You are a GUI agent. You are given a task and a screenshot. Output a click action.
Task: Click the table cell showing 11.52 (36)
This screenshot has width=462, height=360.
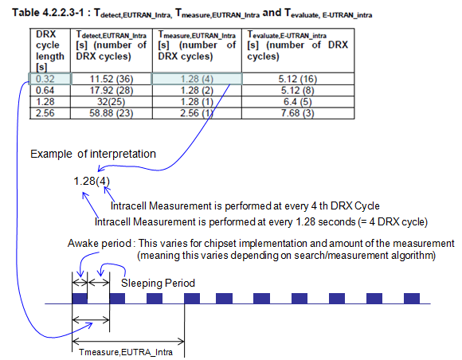pyautogui.click(x=112, y=79)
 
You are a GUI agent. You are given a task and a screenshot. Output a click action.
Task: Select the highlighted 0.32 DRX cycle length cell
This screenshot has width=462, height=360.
pyautogui.click(x=50, y=79)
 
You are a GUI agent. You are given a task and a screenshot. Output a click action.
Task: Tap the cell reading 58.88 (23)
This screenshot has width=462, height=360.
pyautogui.click(x=112, y=113)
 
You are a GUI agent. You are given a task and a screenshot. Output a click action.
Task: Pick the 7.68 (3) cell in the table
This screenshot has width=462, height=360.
pyautogui.click(x=298, y=113)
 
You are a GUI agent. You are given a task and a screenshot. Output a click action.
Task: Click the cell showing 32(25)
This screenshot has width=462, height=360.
pyautogui.click(x=112, y=102)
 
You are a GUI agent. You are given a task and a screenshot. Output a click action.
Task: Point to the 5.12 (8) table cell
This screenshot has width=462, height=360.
pyautogui.click(x=298, y=91)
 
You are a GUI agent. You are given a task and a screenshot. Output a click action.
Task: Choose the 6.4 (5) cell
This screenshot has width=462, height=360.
pyautogui.click(x=298, y=102)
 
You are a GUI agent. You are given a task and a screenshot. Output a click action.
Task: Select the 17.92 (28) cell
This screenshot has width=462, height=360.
pyautogui.click(x=112, y=91)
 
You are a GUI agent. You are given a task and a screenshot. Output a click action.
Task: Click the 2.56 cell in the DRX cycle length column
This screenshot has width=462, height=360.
pyautogui.click(x=50, y=113)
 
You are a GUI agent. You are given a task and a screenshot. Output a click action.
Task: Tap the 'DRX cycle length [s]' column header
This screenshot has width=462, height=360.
pyautogui.click(x=50, y=50)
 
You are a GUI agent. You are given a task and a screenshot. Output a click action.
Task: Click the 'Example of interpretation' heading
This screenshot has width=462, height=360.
pyautogui.click(x=93, y=154)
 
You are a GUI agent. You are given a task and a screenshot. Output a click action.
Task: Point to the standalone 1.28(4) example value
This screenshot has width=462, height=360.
pyautogui.click(x=92, y=181)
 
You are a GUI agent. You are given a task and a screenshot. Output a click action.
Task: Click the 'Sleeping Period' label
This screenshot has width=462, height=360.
pyautogui.click(x=158, y=283)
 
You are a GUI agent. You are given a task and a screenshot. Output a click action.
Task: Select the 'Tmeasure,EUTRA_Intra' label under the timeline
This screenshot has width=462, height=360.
pyautogui.click(x=126, y=352)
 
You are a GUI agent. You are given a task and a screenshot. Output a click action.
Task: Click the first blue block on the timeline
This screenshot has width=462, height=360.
pyautogui.click(x=80, y=299)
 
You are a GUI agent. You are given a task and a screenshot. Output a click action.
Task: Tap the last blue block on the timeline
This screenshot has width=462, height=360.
pyautogui.click(x=412, y=299)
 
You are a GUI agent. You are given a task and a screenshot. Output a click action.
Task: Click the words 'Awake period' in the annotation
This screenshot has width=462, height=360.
pyautogui.click(x=100, y=244)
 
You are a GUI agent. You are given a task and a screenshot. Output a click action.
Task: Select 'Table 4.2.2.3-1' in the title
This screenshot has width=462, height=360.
pyautogui.click(x=48, y=13)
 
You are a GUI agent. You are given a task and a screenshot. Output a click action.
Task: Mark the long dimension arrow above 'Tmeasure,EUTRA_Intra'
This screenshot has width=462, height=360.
pyautogui.click(x=128, y=342)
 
